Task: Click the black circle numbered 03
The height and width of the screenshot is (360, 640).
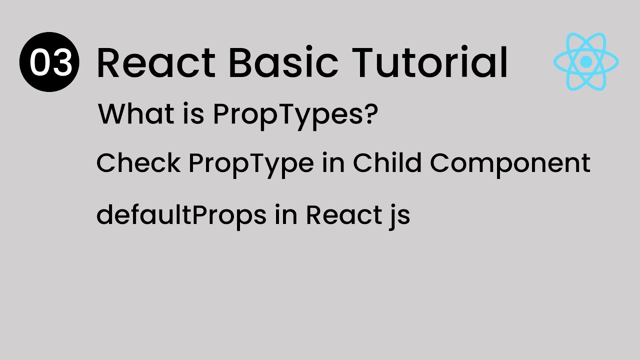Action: [49, 62]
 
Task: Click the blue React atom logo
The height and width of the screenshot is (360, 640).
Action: [586, 62]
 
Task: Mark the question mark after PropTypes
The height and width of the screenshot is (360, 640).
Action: [371, 114]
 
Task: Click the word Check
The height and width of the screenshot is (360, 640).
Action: [138, 163]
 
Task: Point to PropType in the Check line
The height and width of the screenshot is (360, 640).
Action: [251, 164]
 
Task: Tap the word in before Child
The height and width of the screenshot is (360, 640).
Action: [333, 163]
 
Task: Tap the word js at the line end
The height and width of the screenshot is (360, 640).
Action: [398, 216]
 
